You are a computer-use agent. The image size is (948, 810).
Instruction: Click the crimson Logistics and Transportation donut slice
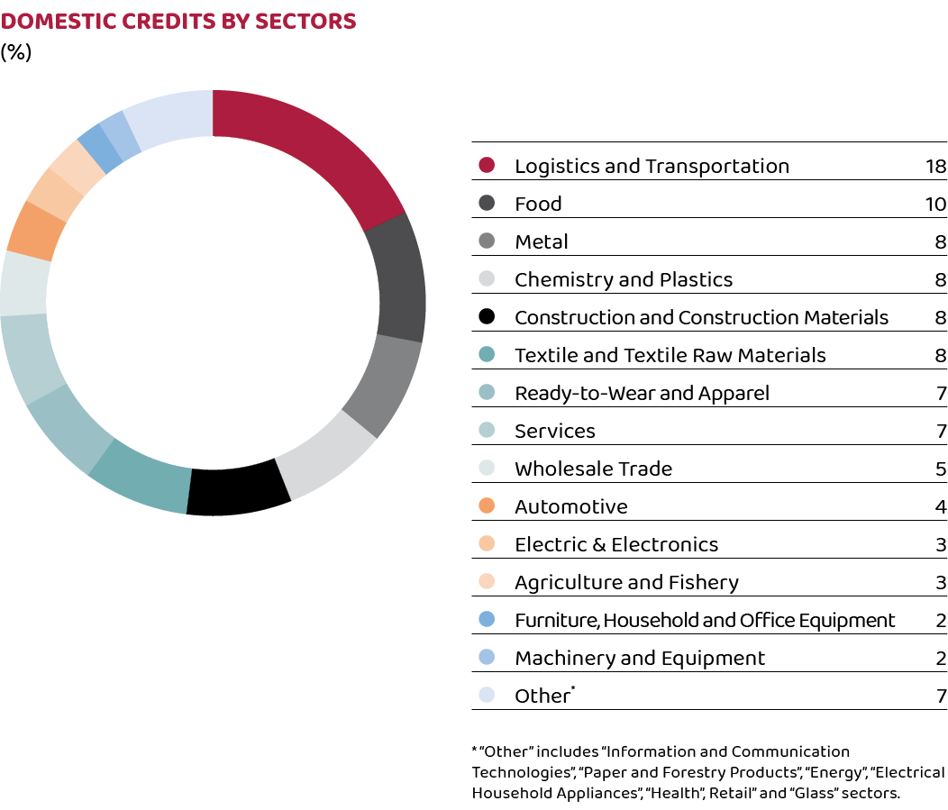(x=311, y=149)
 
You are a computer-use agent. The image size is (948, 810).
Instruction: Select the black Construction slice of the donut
(x=237, y=488)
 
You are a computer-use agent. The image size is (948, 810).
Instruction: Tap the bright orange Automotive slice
(x=34, y=232)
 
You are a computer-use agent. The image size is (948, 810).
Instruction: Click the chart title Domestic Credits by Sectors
(x=178, y=22)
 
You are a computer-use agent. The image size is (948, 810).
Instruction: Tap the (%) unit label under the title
(x=16, y=52)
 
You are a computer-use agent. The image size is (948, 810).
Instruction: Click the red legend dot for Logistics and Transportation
(x=488, y=166)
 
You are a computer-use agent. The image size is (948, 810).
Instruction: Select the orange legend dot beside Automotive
(x=488, y=506)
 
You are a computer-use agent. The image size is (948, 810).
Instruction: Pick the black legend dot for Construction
(x=488, y=317)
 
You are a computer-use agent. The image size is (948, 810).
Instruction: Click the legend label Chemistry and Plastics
(x=624, y=279)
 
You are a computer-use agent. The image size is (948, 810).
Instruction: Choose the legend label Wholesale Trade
(x=593, y=469)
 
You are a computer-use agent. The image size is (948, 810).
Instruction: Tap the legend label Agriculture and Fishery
(x=626, y=582)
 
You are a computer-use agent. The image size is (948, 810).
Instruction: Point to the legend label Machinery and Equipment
(x=640, y=658)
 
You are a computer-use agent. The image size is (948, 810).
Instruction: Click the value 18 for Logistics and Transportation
(x=935, y=166)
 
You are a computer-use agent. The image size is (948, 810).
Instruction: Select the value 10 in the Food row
(x=935, y=204)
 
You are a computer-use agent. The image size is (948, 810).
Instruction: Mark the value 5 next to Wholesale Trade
(x=941, y=469)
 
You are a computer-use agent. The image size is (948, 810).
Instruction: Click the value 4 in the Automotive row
(x=941, y=506)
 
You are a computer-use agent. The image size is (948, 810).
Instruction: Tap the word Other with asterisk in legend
(x=543, y=696)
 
